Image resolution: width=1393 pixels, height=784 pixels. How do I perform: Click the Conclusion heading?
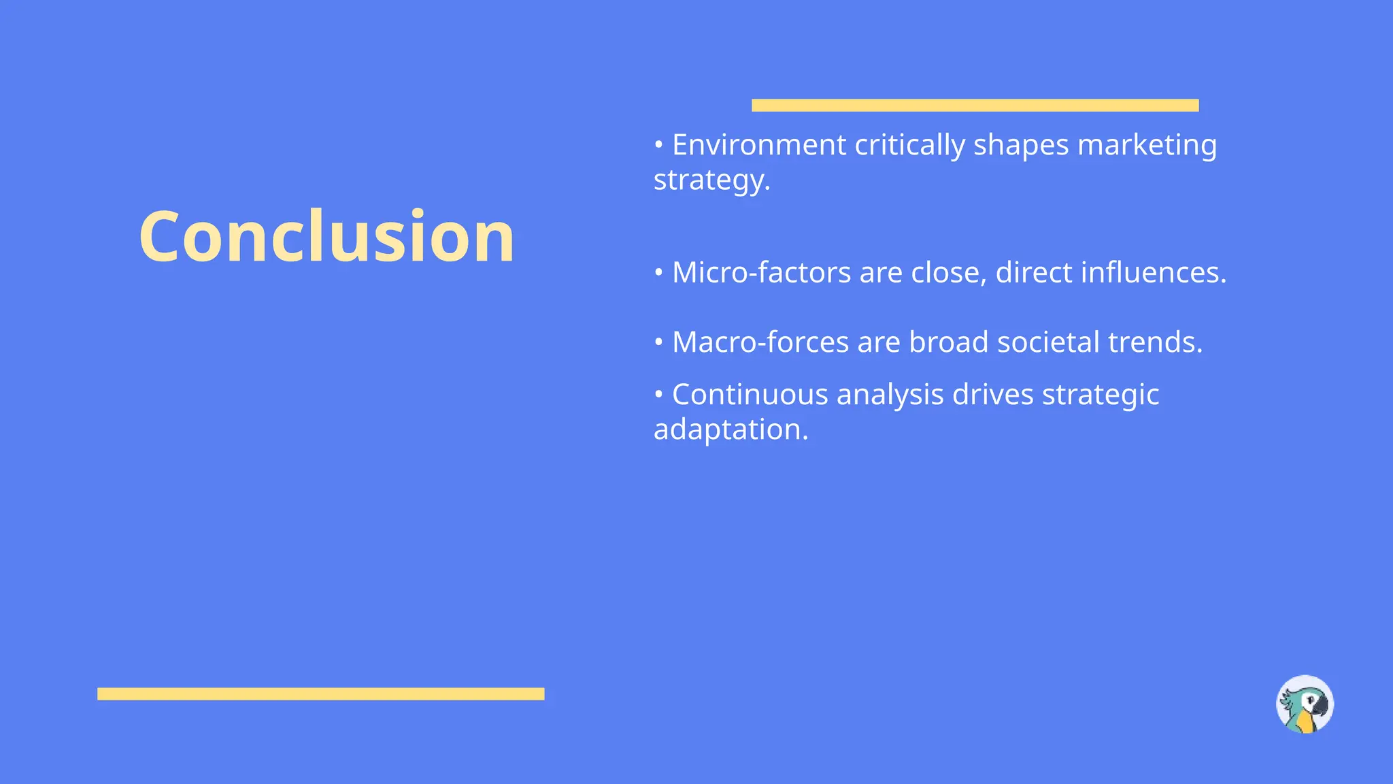coord(326,237)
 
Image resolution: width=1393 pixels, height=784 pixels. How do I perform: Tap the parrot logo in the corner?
coord(1305,704)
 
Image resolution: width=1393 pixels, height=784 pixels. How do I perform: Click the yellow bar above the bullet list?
coord(975,105)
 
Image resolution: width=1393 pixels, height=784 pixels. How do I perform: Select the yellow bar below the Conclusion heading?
coord(320,693)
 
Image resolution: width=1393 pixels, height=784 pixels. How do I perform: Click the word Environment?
coord(759,145)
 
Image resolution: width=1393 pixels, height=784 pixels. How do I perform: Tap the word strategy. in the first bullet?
coord(711,180)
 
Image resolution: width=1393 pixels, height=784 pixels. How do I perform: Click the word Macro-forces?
coord(760,342)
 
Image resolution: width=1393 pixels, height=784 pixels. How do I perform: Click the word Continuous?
coord(750,395)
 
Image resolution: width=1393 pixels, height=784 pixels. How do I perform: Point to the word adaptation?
coord(731,429)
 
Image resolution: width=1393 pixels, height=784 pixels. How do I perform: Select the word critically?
coord(909,145)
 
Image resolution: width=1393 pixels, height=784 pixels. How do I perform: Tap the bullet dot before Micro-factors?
coord(658,272)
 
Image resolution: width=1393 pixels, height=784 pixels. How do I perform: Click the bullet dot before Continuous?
coord(658,394)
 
